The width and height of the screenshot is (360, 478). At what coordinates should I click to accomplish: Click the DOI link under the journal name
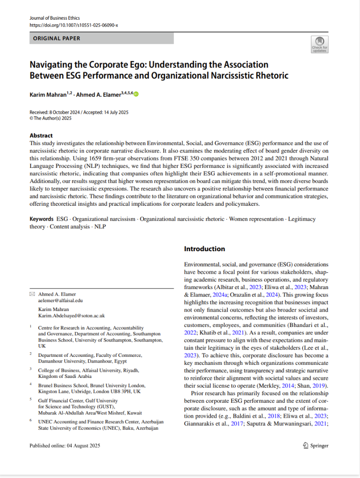[74, 25]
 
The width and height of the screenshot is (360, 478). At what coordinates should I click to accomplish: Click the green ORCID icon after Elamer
[136, 94]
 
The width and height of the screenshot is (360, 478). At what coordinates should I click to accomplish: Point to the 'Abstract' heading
[41, 136]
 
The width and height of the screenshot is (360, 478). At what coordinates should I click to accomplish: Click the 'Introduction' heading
[204, 249]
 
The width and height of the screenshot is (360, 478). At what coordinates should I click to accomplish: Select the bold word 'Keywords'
[42, 219]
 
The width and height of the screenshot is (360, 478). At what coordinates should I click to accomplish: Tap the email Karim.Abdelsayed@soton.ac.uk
[72, 316]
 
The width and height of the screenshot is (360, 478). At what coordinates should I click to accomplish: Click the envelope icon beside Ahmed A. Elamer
[32, 294]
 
